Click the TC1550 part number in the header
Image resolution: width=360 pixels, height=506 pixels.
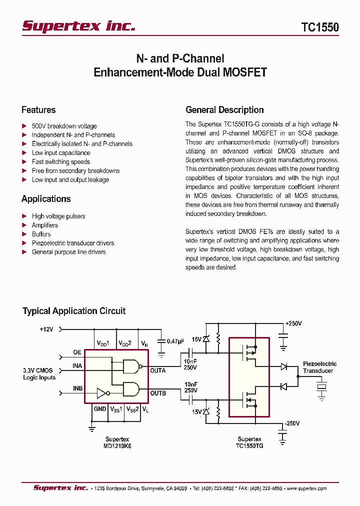click(320, 27)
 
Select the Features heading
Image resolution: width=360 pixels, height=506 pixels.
click(38, 110)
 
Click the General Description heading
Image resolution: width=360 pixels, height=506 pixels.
click(224, 110)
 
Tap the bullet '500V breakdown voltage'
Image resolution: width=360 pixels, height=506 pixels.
click(64, 126)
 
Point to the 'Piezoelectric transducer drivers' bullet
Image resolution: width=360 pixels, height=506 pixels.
click(72, 243)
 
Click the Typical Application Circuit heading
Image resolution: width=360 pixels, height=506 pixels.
click(74, 311)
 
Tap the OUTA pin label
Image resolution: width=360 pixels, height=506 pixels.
click(158, 370)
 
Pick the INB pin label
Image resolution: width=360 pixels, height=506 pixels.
click(77, 388)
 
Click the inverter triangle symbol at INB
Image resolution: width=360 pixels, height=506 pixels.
click(102, 392)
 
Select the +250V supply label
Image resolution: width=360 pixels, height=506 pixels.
click(293, 323)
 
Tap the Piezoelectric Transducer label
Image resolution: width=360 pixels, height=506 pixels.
click(319, 367)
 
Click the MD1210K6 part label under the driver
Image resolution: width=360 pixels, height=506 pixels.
click(118, 446)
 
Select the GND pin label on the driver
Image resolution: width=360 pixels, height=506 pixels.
click(99, 409)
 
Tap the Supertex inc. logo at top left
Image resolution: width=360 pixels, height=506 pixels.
click(78, 26)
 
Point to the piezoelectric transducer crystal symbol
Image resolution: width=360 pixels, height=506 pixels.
click(321, 386)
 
